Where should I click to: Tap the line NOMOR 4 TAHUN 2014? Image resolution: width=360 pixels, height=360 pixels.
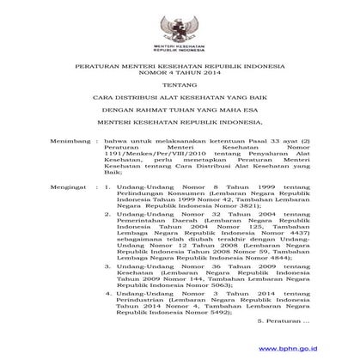(x=180, y=72)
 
